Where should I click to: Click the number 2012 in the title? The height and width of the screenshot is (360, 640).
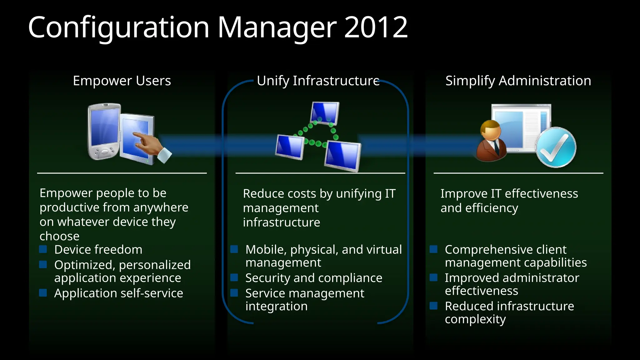(x=376, y=27)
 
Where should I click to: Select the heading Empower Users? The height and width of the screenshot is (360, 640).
(x=122, y=81)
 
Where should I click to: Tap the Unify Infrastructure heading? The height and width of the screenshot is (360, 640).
(x=318, y=81)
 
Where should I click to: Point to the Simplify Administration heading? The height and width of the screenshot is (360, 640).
(x=518, y=81)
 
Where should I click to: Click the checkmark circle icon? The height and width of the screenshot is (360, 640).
(x=556, y=147)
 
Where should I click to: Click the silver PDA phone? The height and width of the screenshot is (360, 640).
(x=104, y=131)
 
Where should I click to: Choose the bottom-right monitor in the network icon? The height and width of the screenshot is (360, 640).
(x=343, y=156)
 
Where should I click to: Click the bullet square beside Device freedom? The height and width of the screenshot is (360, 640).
(x=43, y=249)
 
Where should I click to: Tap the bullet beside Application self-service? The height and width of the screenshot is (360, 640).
(x=43, y=293)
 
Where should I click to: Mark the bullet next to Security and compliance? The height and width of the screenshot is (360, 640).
(x=234, y=277)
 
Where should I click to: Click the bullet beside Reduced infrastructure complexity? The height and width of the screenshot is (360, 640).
(x=433, y=306)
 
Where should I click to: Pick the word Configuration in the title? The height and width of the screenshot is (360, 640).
(x=118, y=27)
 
